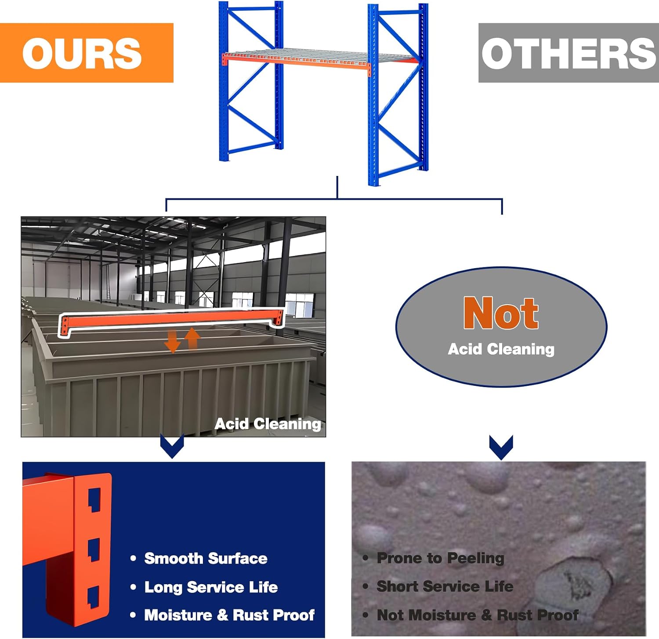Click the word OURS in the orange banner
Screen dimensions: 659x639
click(82, 53)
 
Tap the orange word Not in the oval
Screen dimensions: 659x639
click(501, 313)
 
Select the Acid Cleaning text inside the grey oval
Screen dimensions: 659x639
click(501, 349)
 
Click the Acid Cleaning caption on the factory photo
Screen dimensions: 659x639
click(268, 424)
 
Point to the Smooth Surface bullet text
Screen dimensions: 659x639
click(206, 558)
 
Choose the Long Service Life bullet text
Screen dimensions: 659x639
click(211, 587)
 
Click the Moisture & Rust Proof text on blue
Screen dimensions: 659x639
click(229, 615)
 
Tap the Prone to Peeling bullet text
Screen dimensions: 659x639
click(441, 558)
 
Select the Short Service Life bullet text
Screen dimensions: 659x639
click(445, 586)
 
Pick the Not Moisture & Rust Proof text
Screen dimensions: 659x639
click(478, 615)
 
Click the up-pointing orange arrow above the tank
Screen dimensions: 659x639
click(192, 338)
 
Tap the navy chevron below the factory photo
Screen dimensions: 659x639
click(172, 446)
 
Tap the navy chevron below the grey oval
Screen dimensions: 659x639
click(501, 448)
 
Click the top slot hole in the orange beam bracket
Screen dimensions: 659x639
click(95, 500)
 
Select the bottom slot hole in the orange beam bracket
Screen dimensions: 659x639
click(95, 598)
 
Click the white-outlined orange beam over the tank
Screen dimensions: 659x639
click(171, 319)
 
